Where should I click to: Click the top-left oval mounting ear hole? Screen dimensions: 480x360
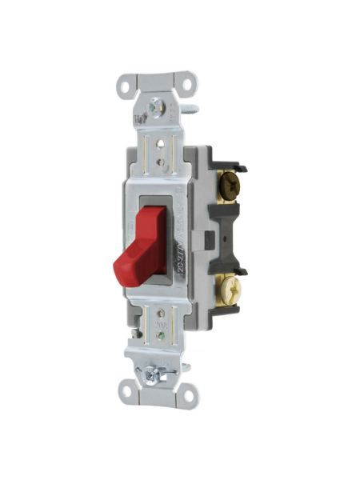click(126, 83)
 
